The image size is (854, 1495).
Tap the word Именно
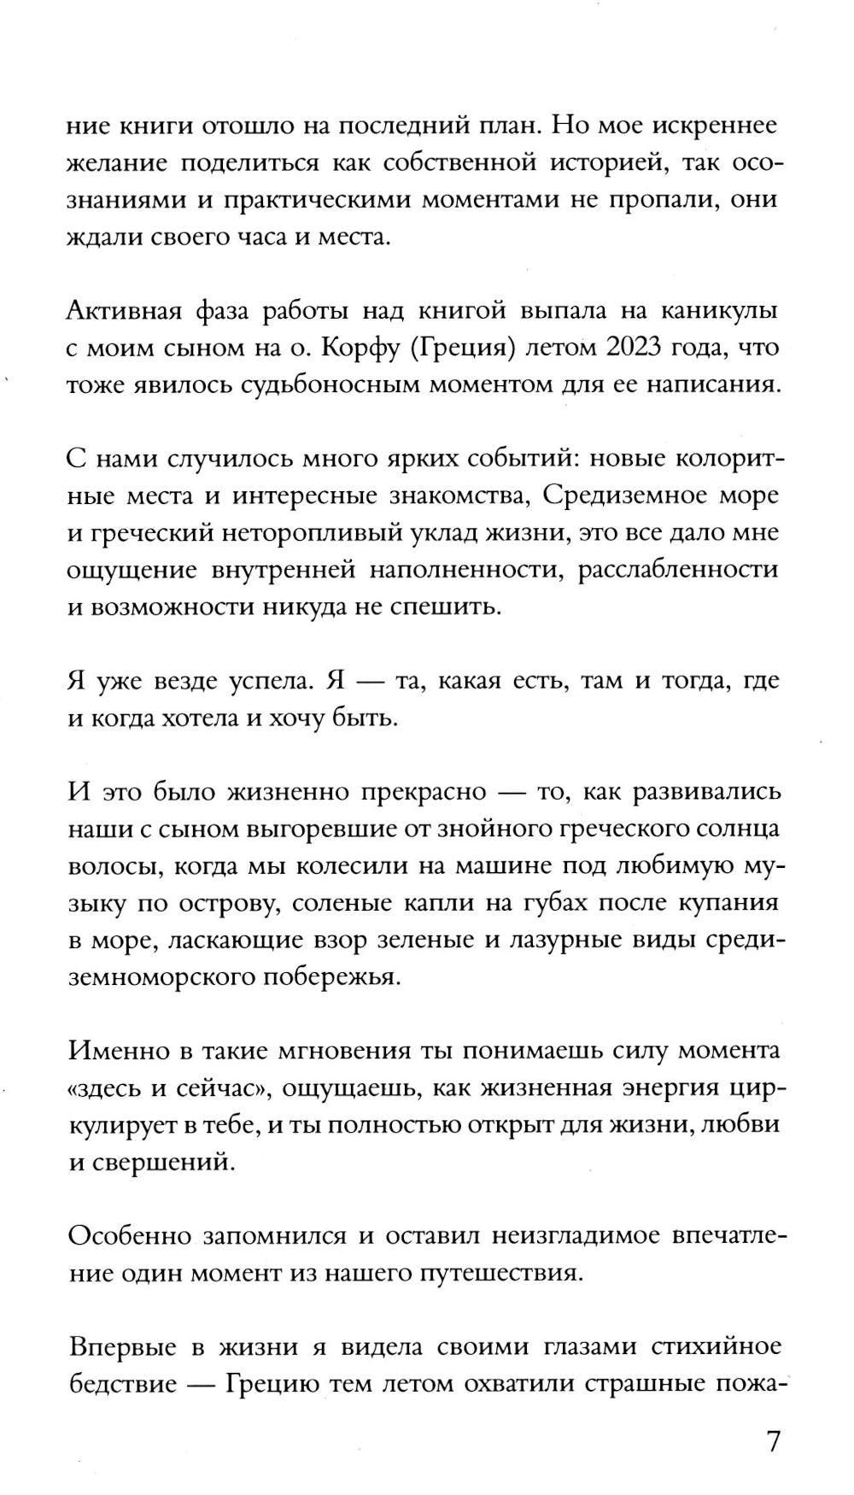pyautogui.click(x=115, y=1051)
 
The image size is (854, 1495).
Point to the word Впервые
pyautogui.click(x=122, y=1347)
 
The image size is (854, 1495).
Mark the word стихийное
pyautogui.click(x=716, y=1347)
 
